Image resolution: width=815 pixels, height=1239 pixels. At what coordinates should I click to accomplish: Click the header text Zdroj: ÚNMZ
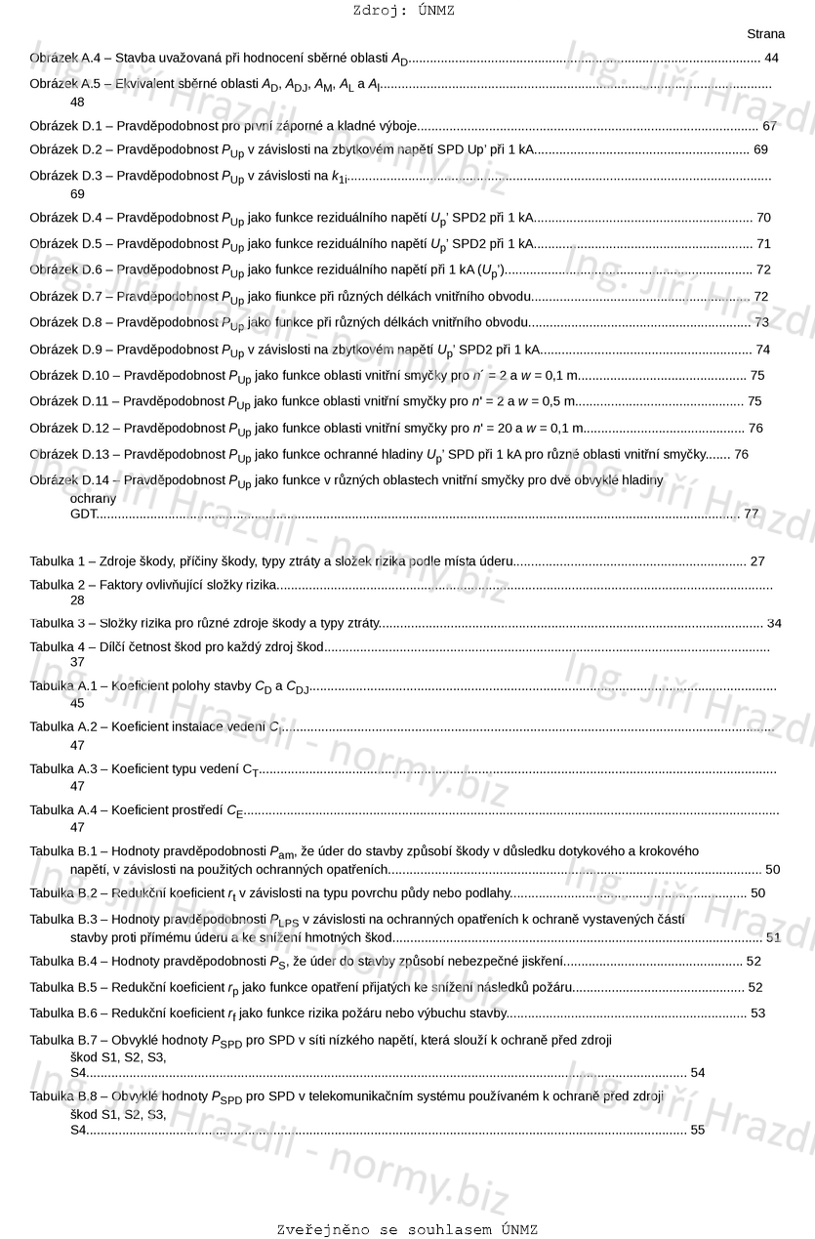point(403,12)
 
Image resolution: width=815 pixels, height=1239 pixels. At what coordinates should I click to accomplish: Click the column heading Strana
point(765,34)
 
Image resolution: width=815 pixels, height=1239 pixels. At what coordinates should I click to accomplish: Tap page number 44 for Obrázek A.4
point(771,59)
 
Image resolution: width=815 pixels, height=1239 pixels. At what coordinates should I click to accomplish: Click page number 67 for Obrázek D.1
point(769,126)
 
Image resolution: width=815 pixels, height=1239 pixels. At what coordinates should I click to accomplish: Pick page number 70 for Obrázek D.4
point(763,218)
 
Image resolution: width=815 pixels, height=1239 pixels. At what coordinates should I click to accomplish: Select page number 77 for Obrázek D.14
point(751,513)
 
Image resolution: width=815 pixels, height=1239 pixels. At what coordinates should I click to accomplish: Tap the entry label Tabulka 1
point(61,561)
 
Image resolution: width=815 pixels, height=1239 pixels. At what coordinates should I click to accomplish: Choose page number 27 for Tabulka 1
point(757,561)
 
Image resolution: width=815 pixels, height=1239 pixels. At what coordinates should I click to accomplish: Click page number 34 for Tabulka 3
point(774,623)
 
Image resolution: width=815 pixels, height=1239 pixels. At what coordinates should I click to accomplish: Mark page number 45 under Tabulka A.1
point(77,703)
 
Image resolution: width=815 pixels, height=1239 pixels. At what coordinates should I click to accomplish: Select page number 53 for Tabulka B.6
point(757,1013)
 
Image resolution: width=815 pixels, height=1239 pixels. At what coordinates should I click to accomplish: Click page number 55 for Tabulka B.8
point(697,1130)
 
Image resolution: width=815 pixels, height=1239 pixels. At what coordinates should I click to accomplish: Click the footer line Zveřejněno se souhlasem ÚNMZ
point(407,1229)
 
